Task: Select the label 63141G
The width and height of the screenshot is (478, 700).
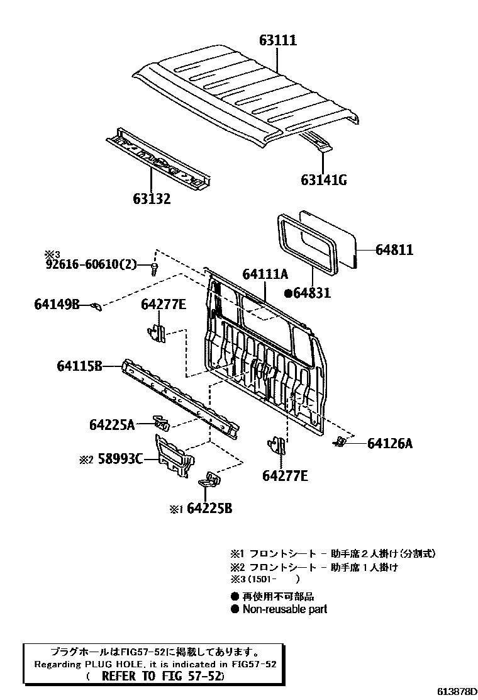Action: (x=323, y=181)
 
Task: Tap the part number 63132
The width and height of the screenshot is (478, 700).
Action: (x=152, y=199)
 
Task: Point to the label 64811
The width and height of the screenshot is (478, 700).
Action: (x=394, y=250)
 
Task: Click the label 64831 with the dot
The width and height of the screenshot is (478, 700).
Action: (x=308, y=293)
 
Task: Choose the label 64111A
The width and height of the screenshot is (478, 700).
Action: (x=265, y=274)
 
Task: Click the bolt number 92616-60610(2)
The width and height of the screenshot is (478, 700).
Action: (x=91, y=264)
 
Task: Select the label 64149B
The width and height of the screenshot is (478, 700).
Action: (x=57, y=305)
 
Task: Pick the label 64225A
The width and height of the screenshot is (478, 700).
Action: (x=111, y=425)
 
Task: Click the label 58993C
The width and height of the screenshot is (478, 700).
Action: (x=119, y=460)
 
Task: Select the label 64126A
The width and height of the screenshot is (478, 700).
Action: (x=390, y=443)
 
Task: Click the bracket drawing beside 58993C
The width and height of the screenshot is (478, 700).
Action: (x=174, y=456)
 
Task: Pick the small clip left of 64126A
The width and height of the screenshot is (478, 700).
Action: (x=340, y=442)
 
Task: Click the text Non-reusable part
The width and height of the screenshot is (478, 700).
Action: (x=284, y=609)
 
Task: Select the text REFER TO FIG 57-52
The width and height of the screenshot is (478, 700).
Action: (x=162, y=676)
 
